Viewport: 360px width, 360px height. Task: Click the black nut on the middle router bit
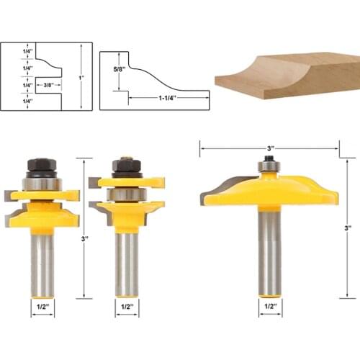[126, 166]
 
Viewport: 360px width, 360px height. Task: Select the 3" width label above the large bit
[269, 148]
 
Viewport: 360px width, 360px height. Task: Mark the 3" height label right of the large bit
[348, 228]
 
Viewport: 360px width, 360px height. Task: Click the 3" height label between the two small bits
[85, 238]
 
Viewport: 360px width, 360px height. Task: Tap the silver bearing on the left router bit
[40, 184]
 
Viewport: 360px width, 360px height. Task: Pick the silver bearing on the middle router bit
[127, 194]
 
